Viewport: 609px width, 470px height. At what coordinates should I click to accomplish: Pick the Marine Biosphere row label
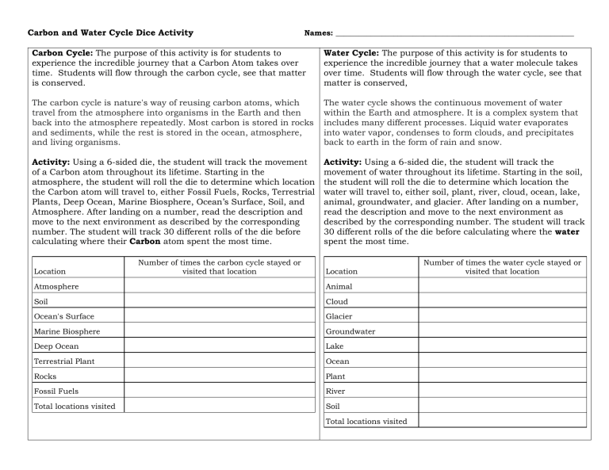point(67,331)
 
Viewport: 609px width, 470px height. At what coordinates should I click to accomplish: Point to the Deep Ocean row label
point(56,346)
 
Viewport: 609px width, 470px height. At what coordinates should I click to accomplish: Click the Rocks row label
point(45,376)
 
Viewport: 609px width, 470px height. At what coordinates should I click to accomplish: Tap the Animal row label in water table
point(339,286)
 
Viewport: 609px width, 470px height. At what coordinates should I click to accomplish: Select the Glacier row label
point(340,316)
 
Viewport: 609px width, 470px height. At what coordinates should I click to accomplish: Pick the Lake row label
point(335,346)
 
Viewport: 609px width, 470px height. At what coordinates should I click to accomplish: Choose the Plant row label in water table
point(337,376)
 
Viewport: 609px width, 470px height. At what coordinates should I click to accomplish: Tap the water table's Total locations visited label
point(367,421)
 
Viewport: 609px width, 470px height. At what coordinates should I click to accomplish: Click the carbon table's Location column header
point(52,271)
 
